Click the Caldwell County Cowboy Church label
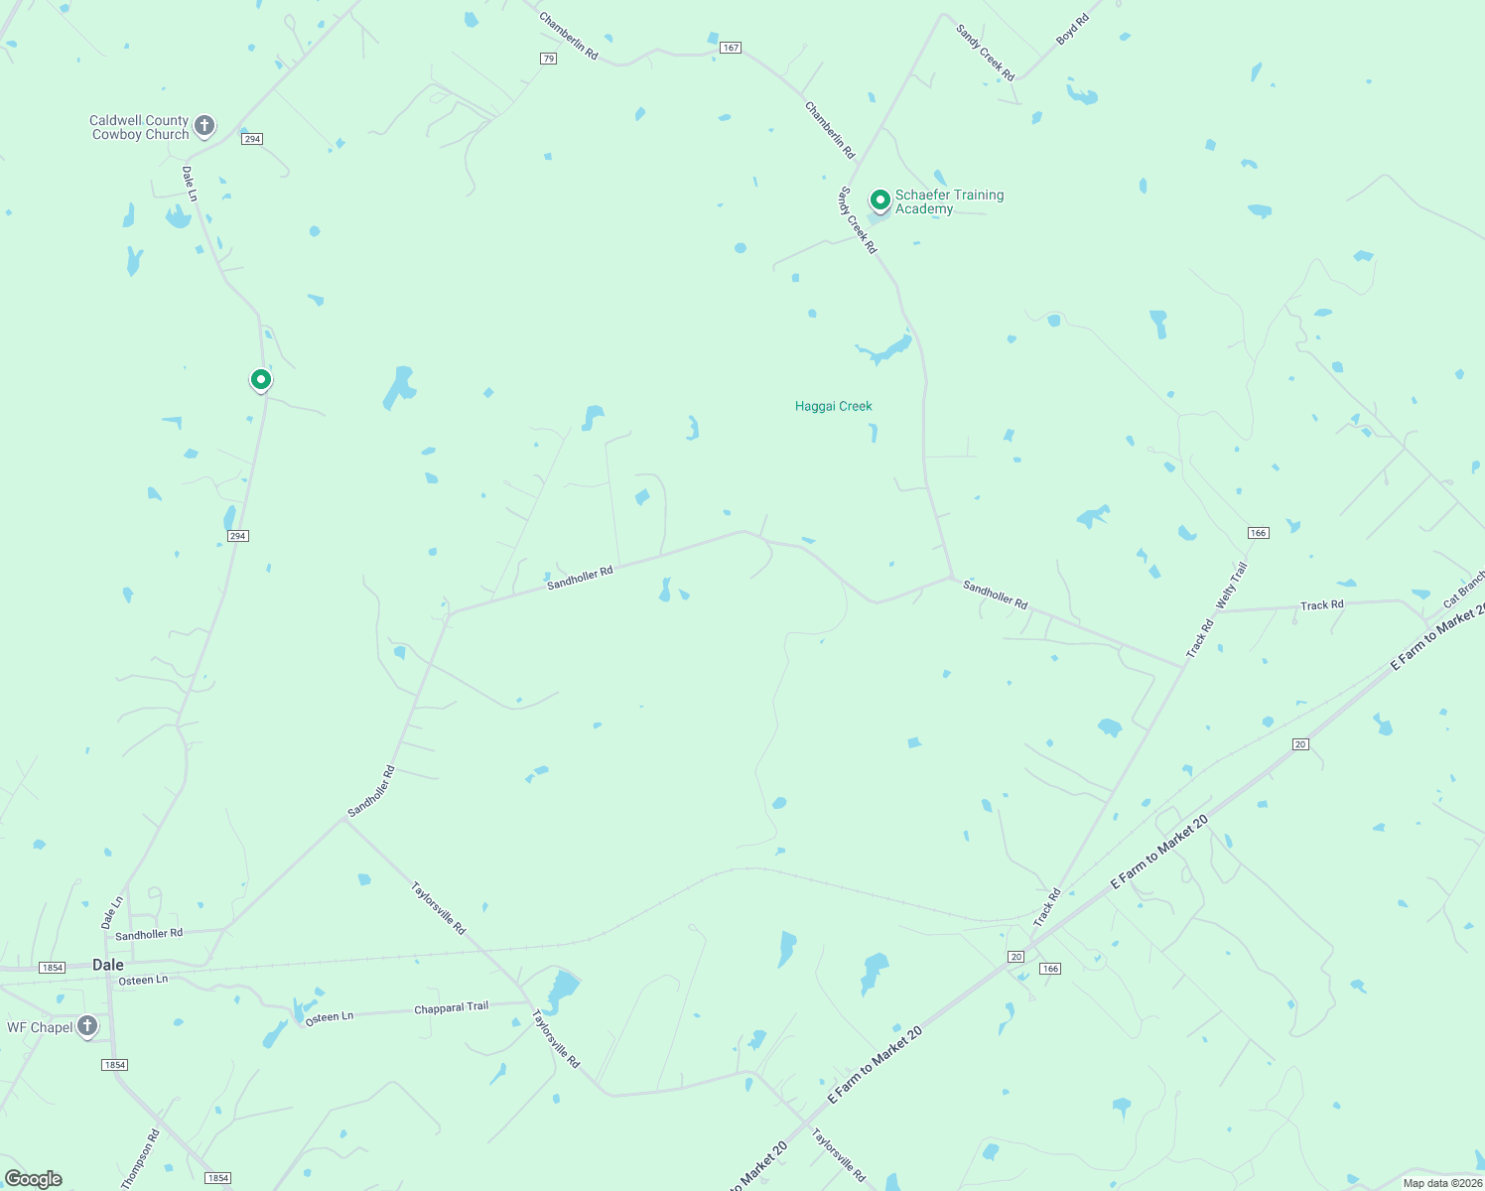coord(139,128)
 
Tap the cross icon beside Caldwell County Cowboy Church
coord(204,125)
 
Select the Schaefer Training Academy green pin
coord(879,200)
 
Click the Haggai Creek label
coord(833,406)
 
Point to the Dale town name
coord(108,965)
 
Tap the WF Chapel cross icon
coord(87,1026)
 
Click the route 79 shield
coord(548,59)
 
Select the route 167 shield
coord(731,48)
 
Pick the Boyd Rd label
coord(1072,29)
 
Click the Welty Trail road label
coord(1231,586)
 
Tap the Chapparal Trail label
coord(451,1008)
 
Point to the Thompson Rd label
coord(140,1159)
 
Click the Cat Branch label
coord(1465,588)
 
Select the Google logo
coord(34,1179)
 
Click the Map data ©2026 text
coord(1442,1183)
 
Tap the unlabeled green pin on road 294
coord(260,379)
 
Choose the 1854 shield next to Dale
coord(52,968)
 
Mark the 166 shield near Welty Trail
coord(1258,533)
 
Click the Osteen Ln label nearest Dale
coord(143,981)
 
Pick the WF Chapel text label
coord(40,1027)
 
